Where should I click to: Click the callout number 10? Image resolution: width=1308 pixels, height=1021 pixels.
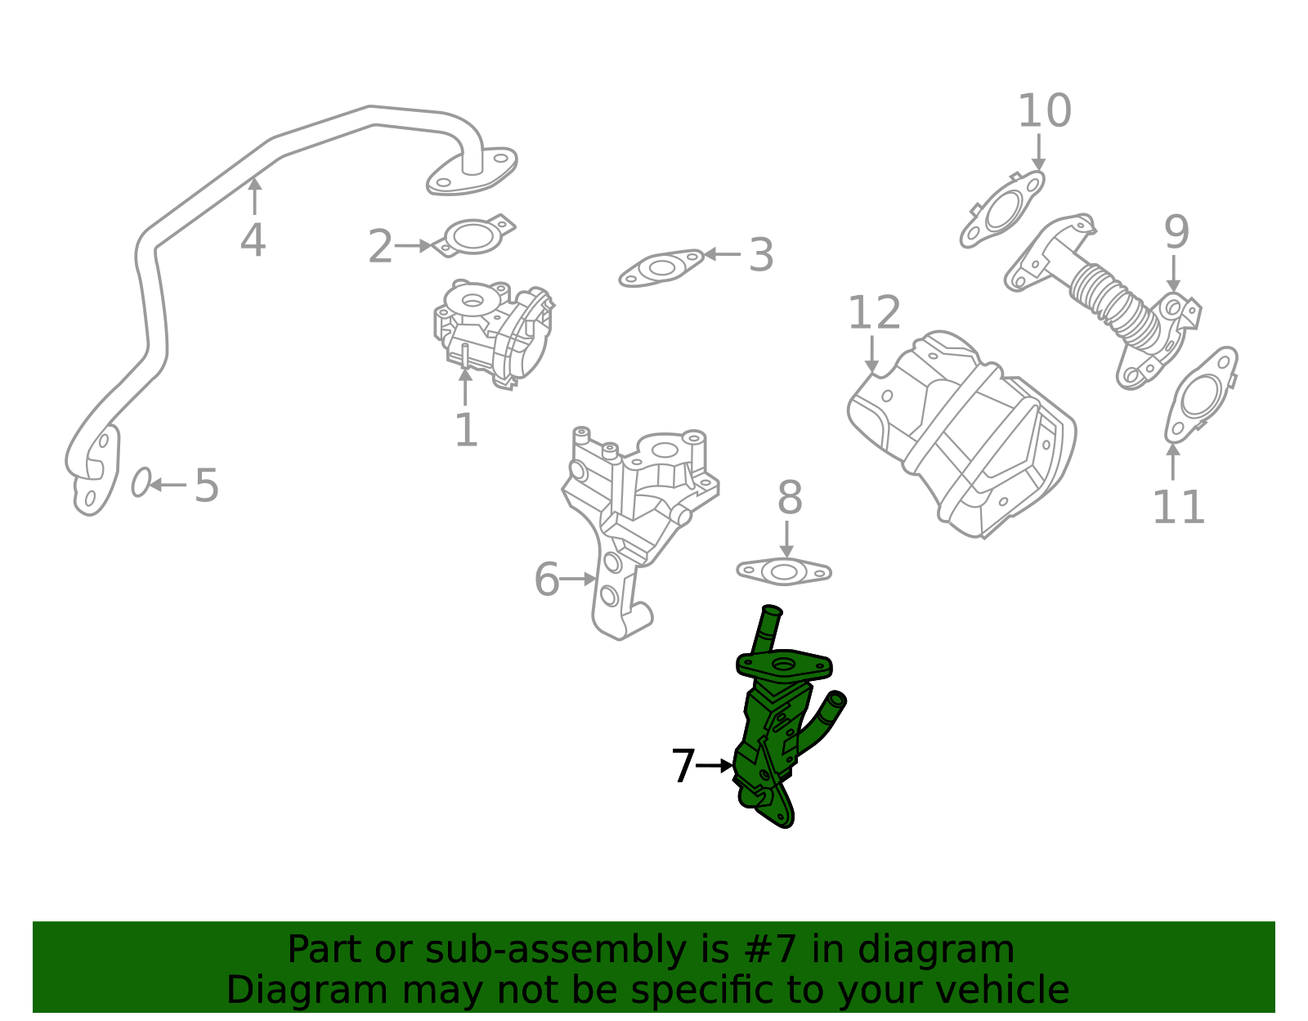pos(1044,111)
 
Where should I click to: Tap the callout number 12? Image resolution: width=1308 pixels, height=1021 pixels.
pos(874,314)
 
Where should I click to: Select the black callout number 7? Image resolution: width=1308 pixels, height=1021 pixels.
pos(683,767)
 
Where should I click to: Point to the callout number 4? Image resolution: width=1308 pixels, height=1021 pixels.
pos(253,241)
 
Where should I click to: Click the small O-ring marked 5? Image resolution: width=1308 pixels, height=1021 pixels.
pos(141,483)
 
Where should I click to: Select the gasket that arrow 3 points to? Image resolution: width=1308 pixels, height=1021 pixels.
pos(661,269)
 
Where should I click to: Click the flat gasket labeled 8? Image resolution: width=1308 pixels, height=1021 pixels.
pos(784,571)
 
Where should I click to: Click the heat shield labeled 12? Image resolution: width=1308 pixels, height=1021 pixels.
pos(965,433)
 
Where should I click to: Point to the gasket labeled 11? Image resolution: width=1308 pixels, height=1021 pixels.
pos(1199,396)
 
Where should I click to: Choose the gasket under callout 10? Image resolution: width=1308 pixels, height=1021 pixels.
pos(1002,210)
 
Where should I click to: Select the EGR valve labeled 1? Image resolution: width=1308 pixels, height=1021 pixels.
pos(490,331)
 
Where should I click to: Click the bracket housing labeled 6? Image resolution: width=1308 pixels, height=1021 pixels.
pos(638,507)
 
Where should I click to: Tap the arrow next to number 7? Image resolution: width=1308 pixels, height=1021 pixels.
pos(715,766)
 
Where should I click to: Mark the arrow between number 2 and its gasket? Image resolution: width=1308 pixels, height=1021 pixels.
pos(414,245)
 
